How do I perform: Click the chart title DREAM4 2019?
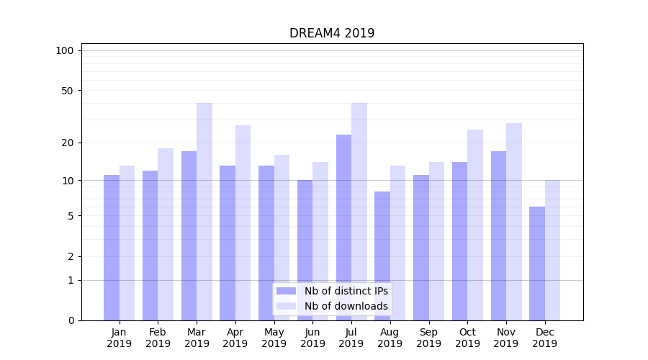[x=332, y=33]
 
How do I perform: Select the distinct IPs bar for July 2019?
[x=343, y=228]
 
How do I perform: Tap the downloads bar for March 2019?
[x=204, y=212]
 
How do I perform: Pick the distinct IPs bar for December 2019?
[x=537, y=264]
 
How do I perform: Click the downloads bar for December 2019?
[x=552, y=250]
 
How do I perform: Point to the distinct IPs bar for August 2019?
[x=382, y=256]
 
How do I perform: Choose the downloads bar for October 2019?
[x=475, y=225]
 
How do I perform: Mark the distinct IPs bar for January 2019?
[x=112, y=248]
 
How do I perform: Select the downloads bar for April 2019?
[x=243, y=222]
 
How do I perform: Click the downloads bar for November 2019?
[x=513, y=222]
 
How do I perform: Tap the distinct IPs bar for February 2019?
[x=150, y=246]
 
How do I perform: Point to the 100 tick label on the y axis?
[x=65, y=50]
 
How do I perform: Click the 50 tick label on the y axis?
[x=68, y=91]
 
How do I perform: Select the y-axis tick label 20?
[x=68, y=143]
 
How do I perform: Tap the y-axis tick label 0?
[x=71, y=320]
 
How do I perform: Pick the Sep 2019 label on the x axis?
[x=428, y=338]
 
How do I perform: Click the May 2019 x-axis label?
[x=274, y=338]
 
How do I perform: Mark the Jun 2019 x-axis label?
[x=312, y=338]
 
